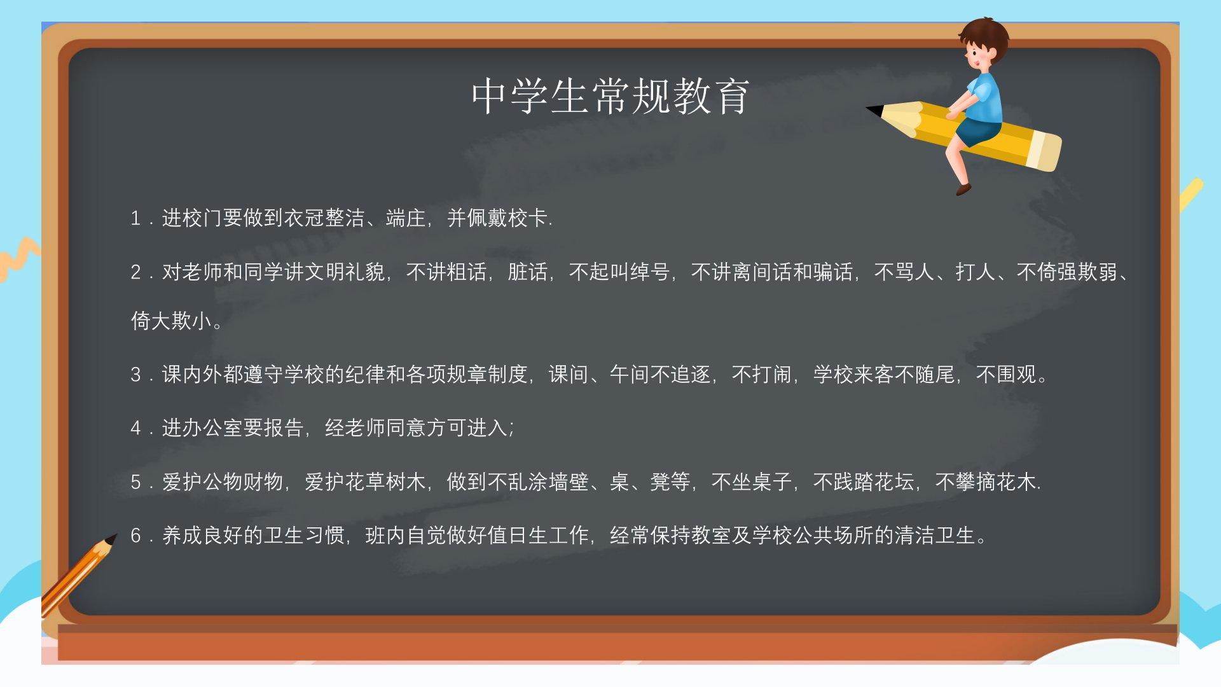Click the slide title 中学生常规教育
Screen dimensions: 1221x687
(610, 97)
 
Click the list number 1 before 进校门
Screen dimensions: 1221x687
(135, 219)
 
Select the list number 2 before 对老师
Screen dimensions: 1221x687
(135, 272)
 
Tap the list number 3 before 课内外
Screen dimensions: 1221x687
(135, 374)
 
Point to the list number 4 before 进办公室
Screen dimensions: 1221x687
(135, 428)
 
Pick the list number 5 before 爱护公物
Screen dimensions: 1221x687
(135, 482)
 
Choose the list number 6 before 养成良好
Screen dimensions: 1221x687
(135, 536)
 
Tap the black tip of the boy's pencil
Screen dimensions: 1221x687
(873, 110)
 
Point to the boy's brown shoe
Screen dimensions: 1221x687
(963, 189)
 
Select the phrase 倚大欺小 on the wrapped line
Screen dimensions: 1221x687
(172, 321)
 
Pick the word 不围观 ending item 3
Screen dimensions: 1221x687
(1006, 374)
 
